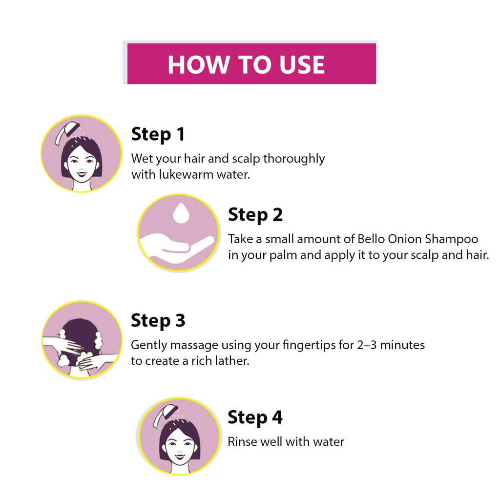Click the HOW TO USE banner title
246,65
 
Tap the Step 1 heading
158,134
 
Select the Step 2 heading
255,215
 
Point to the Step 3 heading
158,320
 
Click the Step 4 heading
255,417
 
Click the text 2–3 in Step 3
367,345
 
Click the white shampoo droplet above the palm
181,213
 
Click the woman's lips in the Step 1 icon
82,174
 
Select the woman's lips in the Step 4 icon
180,457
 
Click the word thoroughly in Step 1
293,159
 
